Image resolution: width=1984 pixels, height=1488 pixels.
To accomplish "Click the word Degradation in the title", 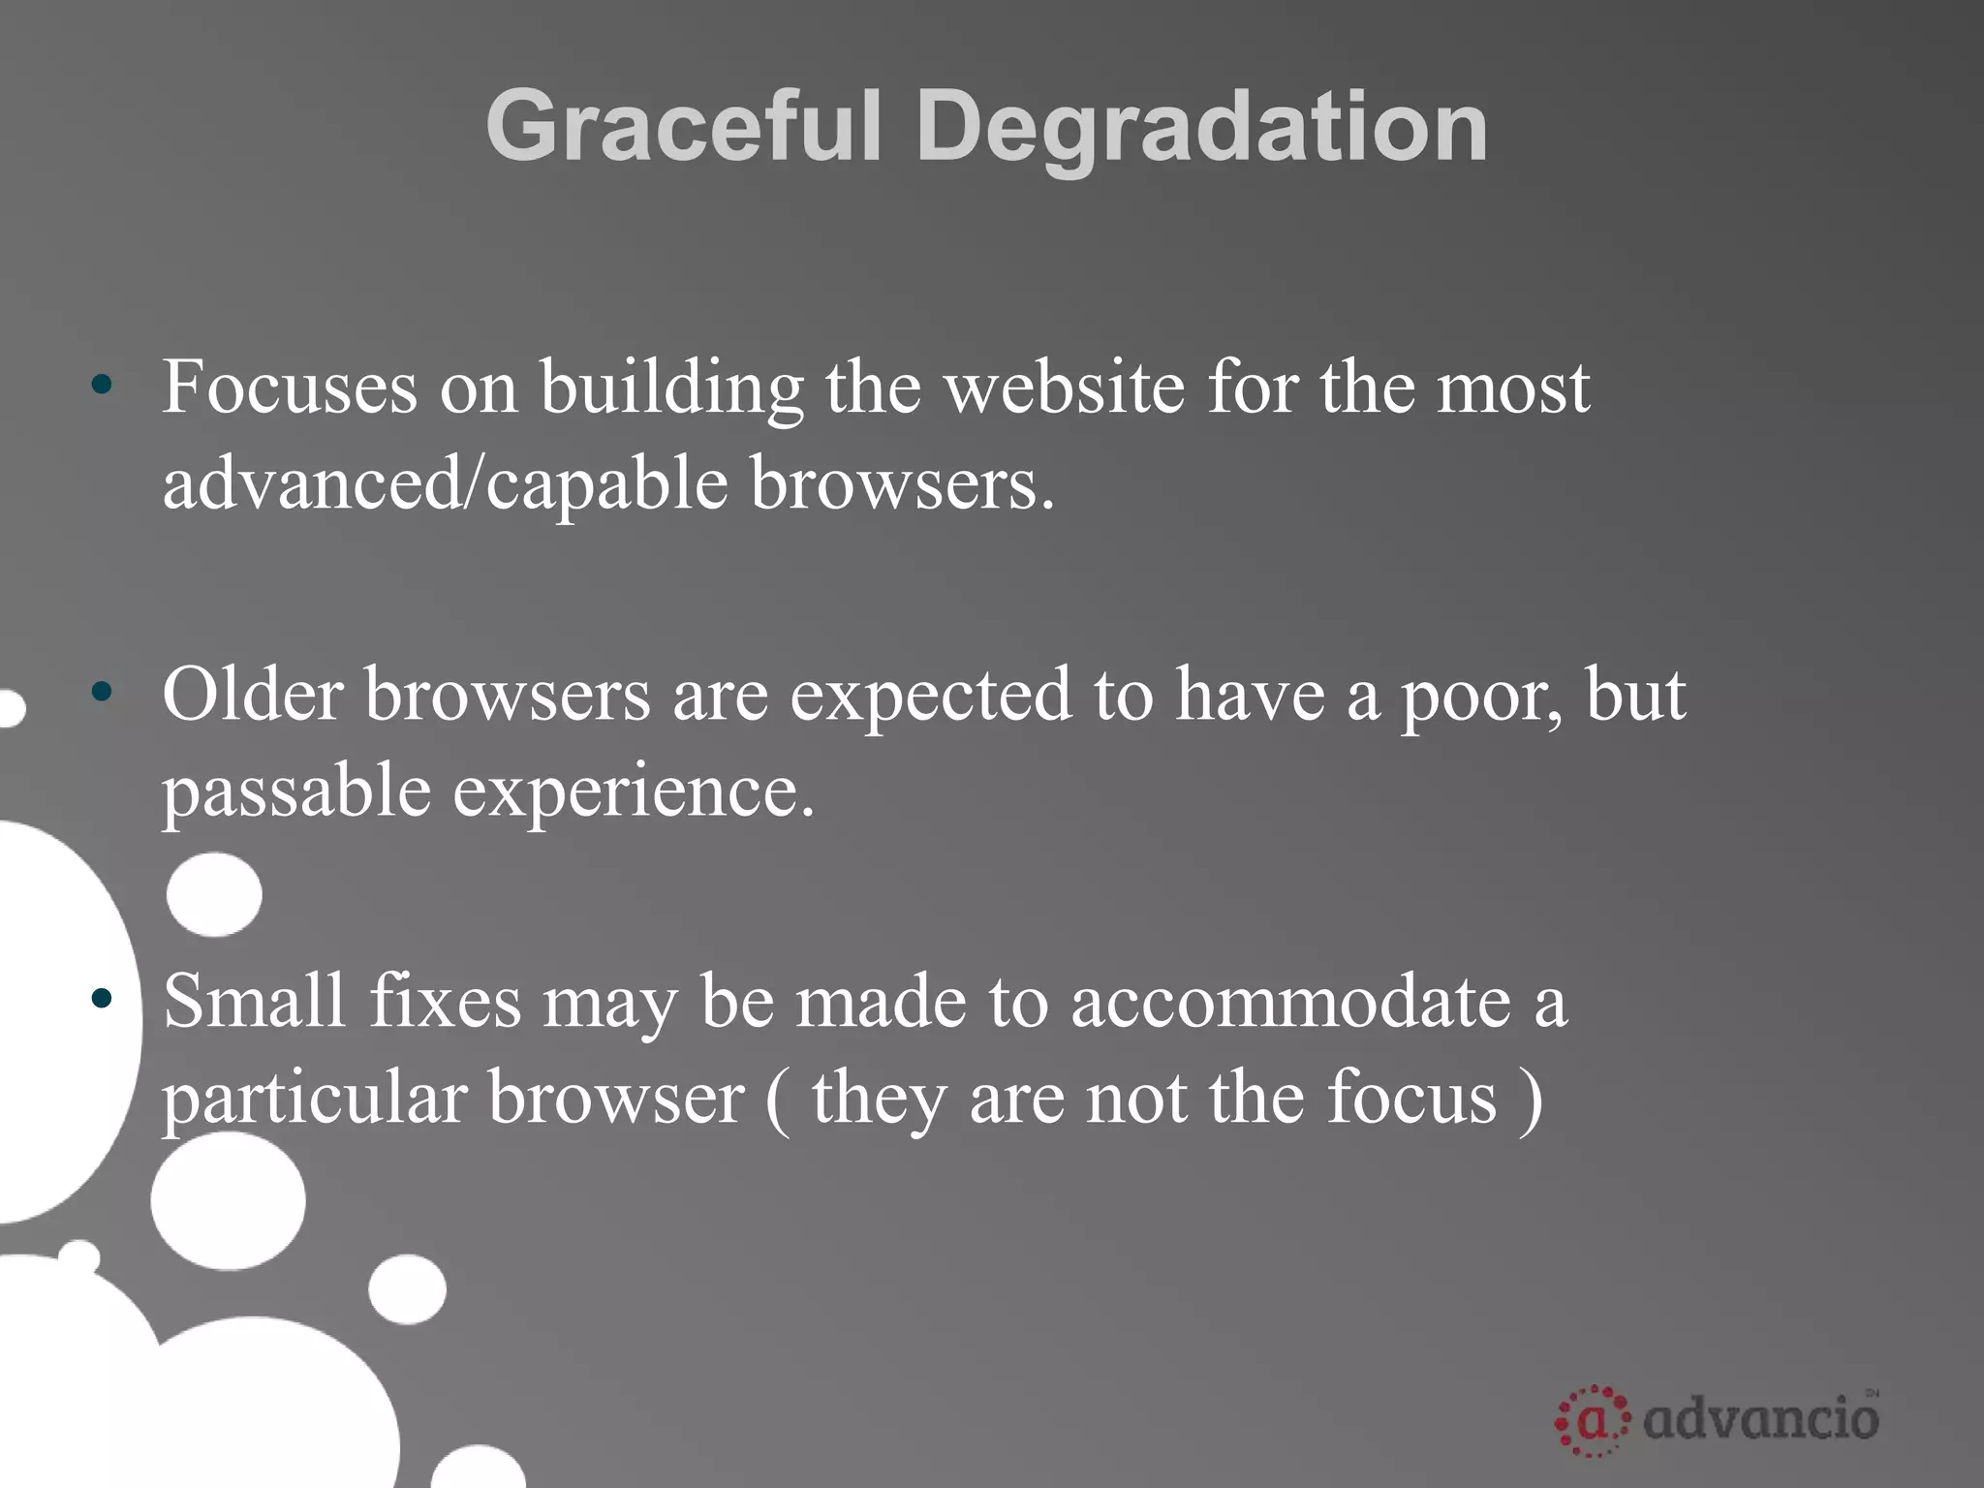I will pyautogui.click(x=1201, y=127).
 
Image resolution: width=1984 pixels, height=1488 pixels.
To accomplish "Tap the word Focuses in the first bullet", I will pyautogui.click(x=290, y=387).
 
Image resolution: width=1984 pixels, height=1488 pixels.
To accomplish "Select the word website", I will pyautogui.click(x=1064, y=387).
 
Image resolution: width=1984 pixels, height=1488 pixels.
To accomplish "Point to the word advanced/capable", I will pyautogui.click(x=445, y=483).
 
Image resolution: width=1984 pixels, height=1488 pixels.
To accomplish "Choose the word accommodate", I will pyautogui.click(x=1290, y=1003).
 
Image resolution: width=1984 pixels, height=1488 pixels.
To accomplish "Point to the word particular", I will pyautogui.click(x=315, y=1100).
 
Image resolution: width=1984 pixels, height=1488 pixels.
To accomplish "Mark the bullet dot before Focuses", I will pyautogui.click(x=102, y=386).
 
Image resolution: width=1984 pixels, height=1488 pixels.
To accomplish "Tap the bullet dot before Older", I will pyautogui.click(x=102, y=692).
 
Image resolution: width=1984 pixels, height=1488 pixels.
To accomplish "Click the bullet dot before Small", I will pyautogui.click(x=102, y=999).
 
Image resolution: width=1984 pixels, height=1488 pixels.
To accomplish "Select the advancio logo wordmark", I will pyautogui.click(x=1761, y=1419).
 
